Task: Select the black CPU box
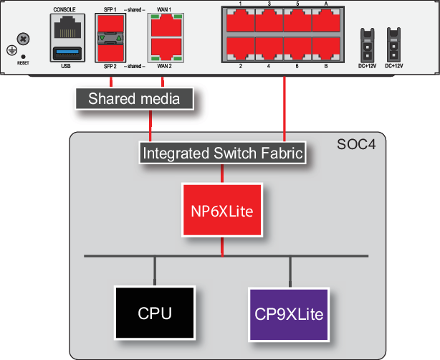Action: [155, 313]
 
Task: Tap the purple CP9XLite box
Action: [289, 313]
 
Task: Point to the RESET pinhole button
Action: [24, 55]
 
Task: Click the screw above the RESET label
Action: [24, 37]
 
